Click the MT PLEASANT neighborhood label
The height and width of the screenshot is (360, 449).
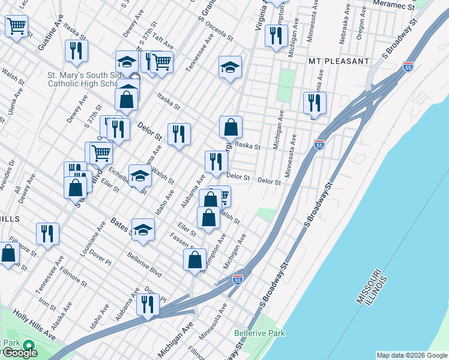click(339, 61)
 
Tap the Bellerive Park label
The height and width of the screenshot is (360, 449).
click(259, 332)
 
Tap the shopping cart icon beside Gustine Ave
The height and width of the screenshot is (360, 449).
click(16, 26)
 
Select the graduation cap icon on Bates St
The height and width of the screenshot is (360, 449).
click(143, 230)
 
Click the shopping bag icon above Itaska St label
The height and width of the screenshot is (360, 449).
click(231, 127)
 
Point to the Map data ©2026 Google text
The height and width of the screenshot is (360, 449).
click(412, 355)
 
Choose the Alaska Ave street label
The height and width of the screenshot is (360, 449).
click(58, 317)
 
